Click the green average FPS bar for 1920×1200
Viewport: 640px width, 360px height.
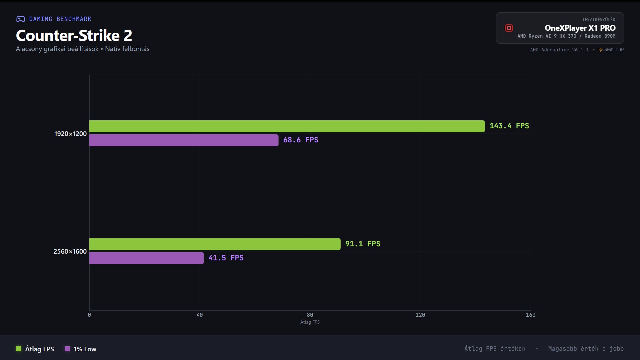click(287, 126)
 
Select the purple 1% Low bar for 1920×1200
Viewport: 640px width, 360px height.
click(184, 140)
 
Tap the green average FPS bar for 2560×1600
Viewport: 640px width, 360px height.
click(215, 244)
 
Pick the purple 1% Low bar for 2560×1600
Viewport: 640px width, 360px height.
click(146, 258)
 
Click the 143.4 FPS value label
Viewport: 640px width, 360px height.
click(509, 126)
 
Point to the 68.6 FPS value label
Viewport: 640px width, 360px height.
click(301, 140)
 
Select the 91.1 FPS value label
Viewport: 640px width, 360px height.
click(363, 244)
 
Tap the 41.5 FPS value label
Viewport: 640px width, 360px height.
click(226, 258)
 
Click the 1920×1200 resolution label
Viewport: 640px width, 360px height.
click(70, 134)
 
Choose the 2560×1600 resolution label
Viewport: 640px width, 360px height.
click(70, 251)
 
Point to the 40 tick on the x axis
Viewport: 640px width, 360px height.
click(200, 315)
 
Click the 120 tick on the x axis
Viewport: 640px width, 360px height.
click(420, 315)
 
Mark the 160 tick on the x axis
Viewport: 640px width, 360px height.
click(530, 315)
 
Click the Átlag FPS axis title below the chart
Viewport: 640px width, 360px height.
click(310, 322)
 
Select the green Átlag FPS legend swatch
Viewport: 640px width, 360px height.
click(19, 349)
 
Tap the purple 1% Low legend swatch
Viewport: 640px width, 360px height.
click(67, 349)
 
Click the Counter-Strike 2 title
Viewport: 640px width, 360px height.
click(74, 35)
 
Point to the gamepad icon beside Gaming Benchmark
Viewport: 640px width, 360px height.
click(21, 19)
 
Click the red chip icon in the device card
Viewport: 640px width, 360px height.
click(509, 28)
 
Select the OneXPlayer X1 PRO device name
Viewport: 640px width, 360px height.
click(580, 28)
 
